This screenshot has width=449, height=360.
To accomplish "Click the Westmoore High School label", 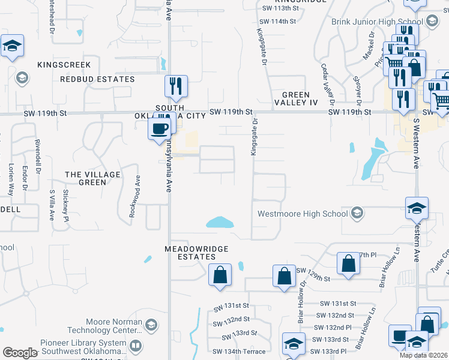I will (303, 214).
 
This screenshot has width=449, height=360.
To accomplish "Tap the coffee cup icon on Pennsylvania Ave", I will (160, 128).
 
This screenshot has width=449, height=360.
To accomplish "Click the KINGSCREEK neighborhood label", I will (64, 65).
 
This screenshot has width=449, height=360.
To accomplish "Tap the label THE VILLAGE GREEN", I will (92, 178).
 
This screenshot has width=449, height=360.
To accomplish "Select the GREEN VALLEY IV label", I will (296, 99).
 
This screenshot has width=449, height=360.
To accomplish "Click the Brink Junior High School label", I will (378, 22).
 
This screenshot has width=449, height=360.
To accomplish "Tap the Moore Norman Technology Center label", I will (114, 326).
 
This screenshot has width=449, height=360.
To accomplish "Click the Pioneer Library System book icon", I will (136, 346).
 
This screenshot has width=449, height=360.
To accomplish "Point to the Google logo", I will (19, 353).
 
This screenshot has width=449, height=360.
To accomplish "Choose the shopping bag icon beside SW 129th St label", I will (283, 276).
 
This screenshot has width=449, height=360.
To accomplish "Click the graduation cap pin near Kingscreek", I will (12, 46).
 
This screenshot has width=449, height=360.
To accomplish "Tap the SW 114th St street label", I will (280, 21).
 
